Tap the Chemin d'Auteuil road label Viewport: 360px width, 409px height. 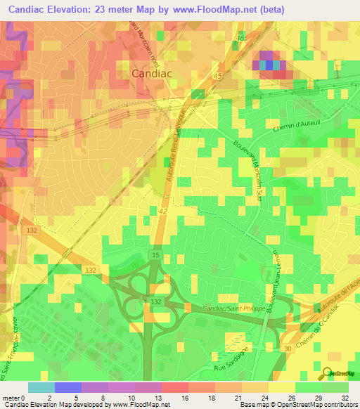click(x=290, y=120)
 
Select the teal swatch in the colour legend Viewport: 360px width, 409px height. click(x=41, y=387)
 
